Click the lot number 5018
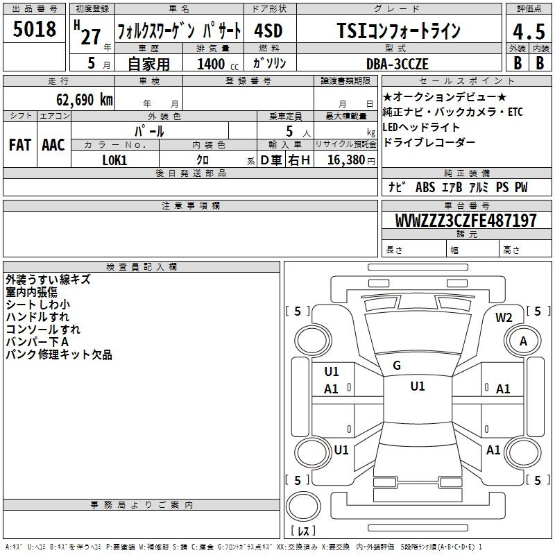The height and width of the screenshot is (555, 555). pos(34,29)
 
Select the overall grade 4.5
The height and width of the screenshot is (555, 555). pos(529,31)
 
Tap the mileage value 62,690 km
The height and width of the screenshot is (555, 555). pos(85,100)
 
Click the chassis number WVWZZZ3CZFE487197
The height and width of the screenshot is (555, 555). pos(466,221)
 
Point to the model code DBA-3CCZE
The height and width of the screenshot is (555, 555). pos(397,64)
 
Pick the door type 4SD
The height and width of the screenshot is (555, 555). pos(268,31)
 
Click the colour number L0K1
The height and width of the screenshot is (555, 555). pos(114,160)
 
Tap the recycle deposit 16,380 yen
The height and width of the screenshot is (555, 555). pos(351,160)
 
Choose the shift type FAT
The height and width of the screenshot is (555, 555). pos(20,145)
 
